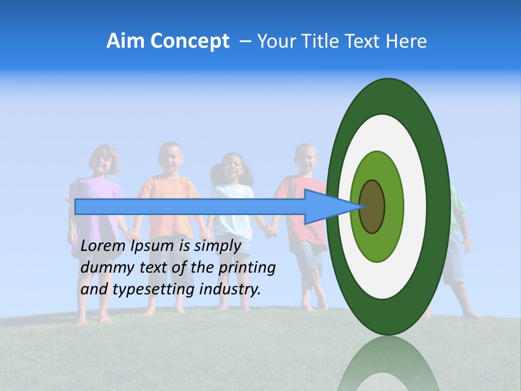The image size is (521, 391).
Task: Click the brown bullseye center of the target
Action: pyautogui.click(x=372, y=206)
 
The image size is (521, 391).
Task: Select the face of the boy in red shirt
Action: pyautogui.click(x=306, y=159)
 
